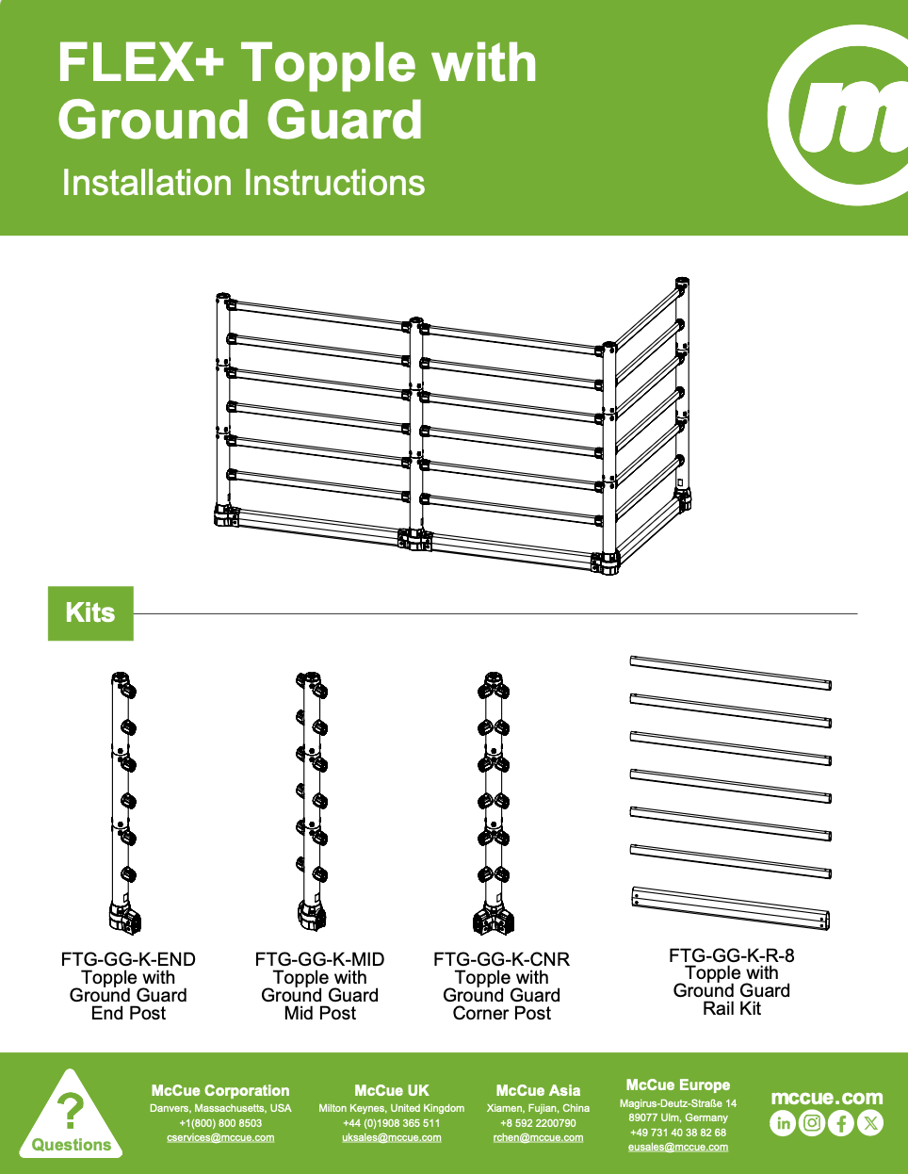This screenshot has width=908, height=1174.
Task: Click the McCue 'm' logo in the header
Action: [842, 116]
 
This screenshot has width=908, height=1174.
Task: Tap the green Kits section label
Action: [90, 613]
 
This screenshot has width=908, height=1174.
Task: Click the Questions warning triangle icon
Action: [71, 1114]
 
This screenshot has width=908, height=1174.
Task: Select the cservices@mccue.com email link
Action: [220, 1137]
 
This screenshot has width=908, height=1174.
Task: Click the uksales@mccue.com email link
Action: [392, 1137]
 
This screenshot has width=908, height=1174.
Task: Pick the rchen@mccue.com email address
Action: [538, 1137]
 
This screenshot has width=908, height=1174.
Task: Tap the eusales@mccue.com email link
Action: [678, 1147]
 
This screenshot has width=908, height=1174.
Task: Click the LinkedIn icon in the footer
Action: [783, 1123]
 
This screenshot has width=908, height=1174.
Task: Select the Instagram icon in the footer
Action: [812, 1123]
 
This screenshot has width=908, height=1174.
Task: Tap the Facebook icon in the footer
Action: [841, 1123]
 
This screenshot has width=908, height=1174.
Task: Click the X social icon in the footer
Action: [870, 1123]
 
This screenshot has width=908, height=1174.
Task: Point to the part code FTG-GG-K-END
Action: [128, 959]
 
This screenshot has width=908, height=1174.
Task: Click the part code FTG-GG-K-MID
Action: [319, 959]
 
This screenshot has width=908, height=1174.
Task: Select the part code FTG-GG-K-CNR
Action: [501, 959]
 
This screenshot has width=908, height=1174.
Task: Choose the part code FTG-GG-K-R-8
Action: [732, 955]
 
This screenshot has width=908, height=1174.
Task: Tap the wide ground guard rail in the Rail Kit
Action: [731, 908]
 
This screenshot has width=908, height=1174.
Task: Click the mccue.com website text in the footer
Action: [827, 1098]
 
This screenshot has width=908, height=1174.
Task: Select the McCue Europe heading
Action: [678, 1084]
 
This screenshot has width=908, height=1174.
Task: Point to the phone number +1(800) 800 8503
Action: [220, 1123]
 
